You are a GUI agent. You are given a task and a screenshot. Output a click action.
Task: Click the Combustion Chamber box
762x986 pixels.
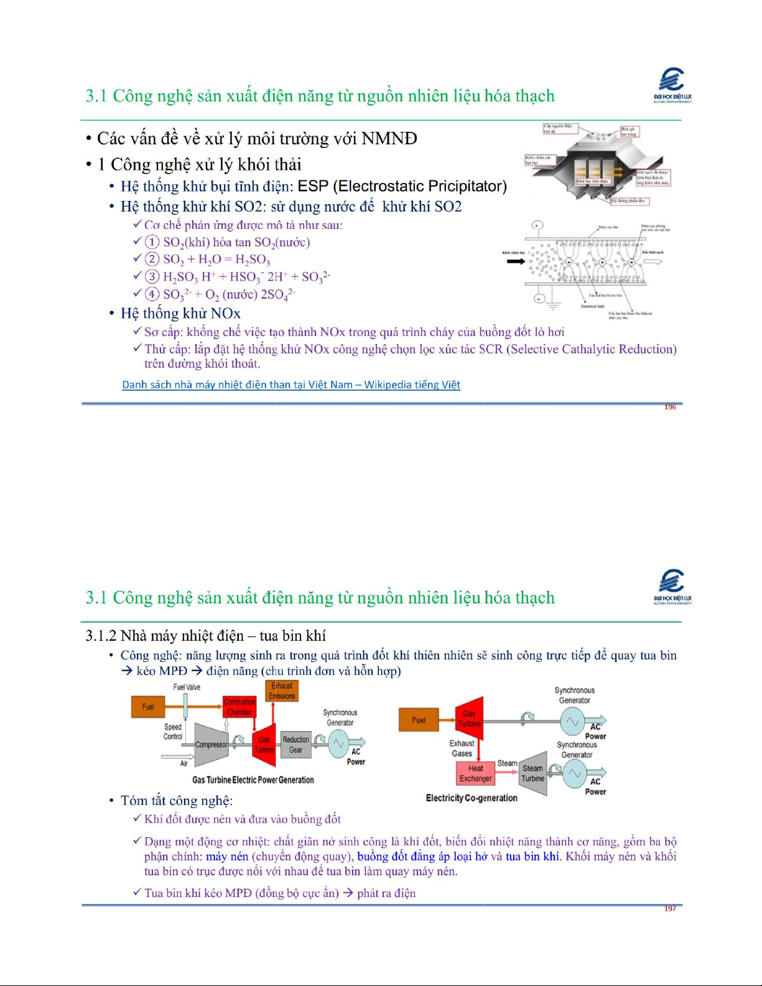(239, 707)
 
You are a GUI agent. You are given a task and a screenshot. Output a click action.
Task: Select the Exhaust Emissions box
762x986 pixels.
(282, 691)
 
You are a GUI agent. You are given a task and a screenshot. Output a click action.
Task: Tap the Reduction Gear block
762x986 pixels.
(295, 744)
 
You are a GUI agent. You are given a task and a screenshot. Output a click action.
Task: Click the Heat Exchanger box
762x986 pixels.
(475, 773)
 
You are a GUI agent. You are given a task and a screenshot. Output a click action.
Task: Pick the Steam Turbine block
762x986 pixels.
(533, 773)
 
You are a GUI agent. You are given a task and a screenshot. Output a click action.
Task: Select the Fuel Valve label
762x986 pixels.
(187, 687)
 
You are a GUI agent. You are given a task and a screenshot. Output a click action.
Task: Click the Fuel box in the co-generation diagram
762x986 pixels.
(419, 720)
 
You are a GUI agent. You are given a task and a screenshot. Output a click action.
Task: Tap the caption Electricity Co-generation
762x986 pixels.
(472, 798)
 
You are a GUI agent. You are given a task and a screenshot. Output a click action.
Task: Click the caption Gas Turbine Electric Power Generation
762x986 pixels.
(253, 780)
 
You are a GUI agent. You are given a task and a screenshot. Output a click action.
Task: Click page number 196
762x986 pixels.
(670, 407)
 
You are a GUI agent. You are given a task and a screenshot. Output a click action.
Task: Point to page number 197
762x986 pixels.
(670, 909)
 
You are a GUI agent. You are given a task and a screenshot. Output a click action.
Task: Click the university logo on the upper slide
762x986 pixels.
(672, 85)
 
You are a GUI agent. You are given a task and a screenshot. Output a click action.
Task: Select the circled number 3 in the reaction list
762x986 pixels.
(152, 276)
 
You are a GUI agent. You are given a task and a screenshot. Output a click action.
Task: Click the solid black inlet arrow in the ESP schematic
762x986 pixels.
(516, 261)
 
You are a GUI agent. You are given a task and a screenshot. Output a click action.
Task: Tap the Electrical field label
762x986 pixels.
(592, 306)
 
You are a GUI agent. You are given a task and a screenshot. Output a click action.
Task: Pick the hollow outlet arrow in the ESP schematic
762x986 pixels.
(653, 261)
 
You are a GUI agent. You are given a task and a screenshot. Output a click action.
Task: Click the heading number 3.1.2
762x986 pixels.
(101, 636)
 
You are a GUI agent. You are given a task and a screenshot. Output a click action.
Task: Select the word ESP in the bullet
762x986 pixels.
(313, 186)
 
